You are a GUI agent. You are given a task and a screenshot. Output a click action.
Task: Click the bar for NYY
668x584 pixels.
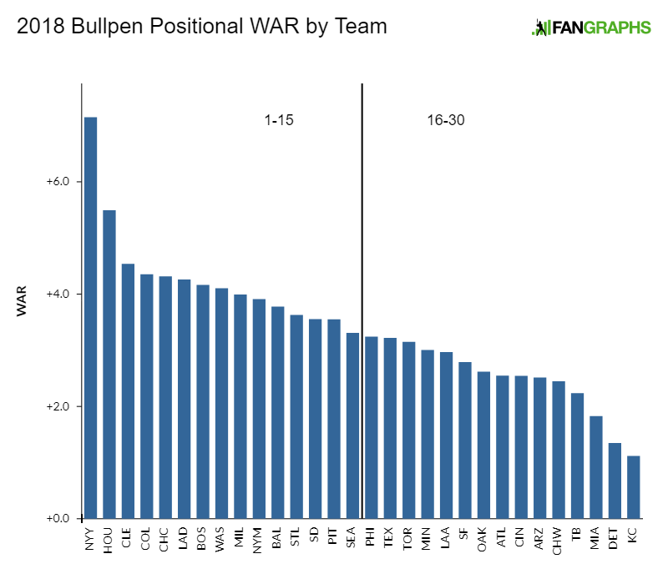(x=90, y=318)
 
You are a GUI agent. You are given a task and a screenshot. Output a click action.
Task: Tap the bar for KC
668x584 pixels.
(x=633, y=487)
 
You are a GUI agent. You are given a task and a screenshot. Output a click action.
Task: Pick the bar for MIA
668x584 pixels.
(x=595, y=467)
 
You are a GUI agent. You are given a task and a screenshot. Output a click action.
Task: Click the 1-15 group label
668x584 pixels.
(x=279, y=120)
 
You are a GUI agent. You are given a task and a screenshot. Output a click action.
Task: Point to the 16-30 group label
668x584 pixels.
(x=445, y=120)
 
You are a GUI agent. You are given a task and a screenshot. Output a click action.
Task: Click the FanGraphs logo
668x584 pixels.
(x=591, y=27)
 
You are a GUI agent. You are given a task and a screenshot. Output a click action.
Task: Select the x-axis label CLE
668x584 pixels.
(x=128, y=539)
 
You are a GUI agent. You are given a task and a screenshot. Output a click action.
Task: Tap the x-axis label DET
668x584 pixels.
(x=615, y=539)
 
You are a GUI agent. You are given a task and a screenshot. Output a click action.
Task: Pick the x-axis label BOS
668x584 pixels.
(x=203, y=539)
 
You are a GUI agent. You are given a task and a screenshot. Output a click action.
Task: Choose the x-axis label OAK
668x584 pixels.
(x=483, y=539)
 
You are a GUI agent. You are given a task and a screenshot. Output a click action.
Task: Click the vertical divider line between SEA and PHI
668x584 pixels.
(x=362, y=250)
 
